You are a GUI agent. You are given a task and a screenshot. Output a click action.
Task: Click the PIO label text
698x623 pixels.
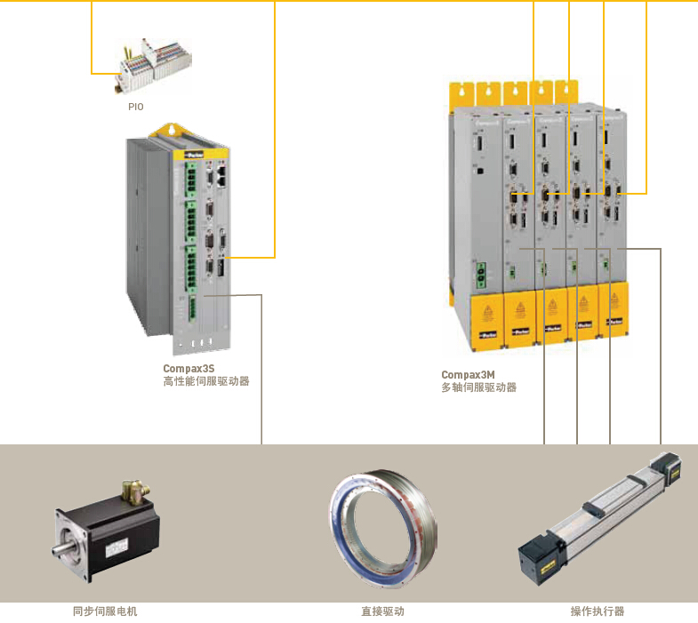(135, 107)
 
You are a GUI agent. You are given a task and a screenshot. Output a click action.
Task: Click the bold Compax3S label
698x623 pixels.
(189, 368)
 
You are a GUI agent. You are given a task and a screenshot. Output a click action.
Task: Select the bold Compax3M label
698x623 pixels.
(468, 375)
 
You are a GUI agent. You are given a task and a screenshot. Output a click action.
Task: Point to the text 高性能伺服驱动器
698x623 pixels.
(206, 381)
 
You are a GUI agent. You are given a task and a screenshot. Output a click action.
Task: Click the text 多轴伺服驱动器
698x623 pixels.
(478, 388)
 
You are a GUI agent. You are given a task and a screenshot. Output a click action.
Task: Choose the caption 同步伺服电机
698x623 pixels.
(105, 611)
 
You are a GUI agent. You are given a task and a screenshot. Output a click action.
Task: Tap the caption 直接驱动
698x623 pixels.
(382, 611)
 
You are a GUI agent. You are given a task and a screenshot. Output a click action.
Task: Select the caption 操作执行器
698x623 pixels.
(598, 611)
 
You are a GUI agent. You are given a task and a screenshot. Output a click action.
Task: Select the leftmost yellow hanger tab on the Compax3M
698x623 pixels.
(461, 93)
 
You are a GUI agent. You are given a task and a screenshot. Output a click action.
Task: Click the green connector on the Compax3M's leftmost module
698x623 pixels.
(481, 275)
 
